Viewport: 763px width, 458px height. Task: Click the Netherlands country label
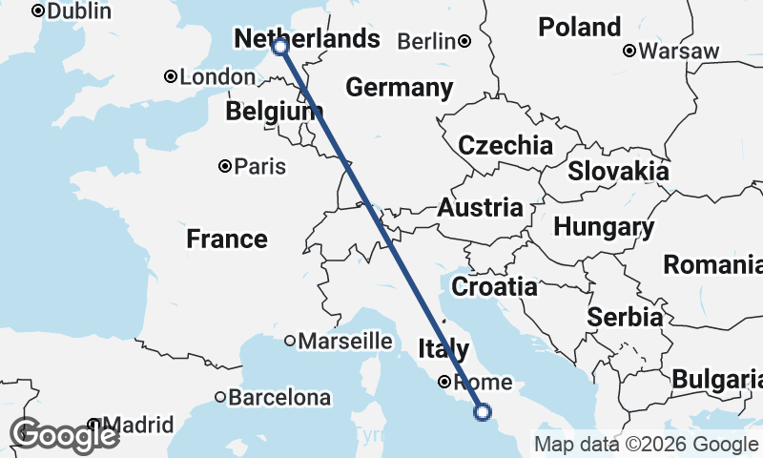click(x=306, y=39)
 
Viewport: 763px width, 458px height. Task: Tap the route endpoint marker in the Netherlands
click(x=280, y=46)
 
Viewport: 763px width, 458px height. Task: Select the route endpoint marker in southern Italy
click(x=483, y=412)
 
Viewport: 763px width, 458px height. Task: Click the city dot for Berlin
click(x=464, y=41)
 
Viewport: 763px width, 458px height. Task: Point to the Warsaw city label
click(x=679, y=51)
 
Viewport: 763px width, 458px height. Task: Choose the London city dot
click(x=170, y=76)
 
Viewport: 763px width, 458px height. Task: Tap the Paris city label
click(x=260, y=166)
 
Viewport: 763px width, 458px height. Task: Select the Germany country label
click(x=399, y=88)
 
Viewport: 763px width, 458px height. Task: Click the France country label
click(x=227, y=239)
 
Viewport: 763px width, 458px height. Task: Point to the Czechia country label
click(x=505, y=146)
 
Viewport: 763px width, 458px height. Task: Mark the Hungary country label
click(x=604, y=228)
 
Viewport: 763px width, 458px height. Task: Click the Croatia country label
click(x=494, y=286)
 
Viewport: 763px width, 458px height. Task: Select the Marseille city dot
click(x=290, y=341)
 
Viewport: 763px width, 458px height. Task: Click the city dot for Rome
click(x=444, y=383)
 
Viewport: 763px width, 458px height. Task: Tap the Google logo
click(x=64, y=435)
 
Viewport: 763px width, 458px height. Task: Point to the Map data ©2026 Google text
click(x=646, y=445)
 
